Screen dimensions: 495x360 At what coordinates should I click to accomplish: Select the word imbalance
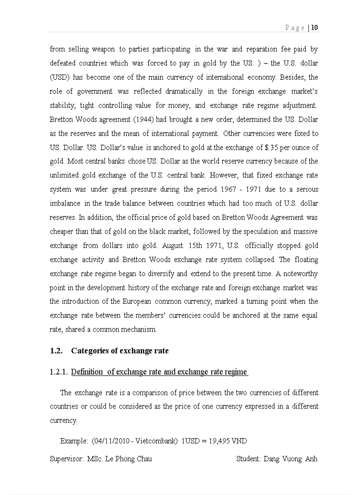(x=65, y=204)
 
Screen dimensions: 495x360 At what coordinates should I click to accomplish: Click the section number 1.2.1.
(x=58, y=372)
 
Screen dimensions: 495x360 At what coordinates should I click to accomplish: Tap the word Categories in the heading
(x=91, y=351)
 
